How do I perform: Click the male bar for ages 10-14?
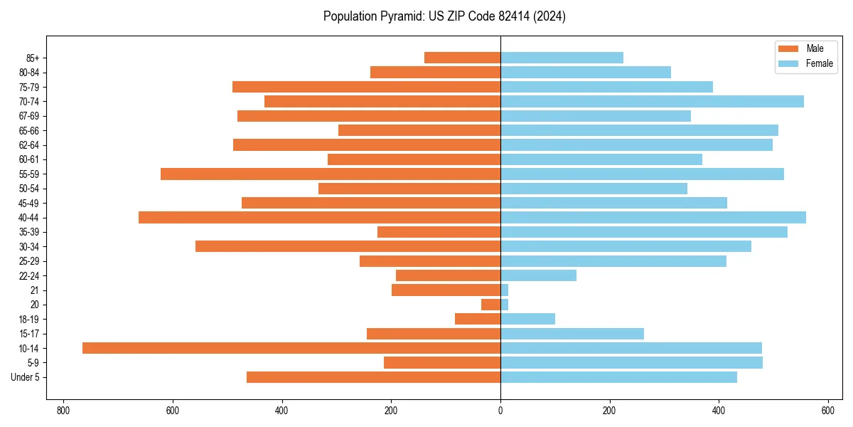click(x=291, y=348)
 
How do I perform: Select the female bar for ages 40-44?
click(x=653, y=217)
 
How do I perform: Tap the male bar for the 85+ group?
click(x=462, y=58)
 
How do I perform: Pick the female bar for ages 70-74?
click(x=652, y=101)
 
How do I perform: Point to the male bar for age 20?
click(x=491, y=305)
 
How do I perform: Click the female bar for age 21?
click(x=505, y=290)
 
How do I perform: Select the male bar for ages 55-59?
click(x=331, y=174)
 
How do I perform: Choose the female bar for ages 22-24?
click(x=538, y=275)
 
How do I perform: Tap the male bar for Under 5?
click(x=373, y=377)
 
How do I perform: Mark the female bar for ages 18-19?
click(x=527, y=319)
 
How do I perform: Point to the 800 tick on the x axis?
click(x=63, y=411)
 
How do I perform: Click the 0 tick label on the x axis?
click(x=500, y=411)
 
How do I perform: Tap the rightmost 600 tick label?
click(x=828, y=411)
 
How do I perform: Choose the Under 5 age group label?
click(x=26, y=377)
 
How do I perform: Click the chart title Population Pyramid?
click(x=444, y=16)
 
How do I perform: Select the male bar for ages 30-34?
click(x=348, y=246)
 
